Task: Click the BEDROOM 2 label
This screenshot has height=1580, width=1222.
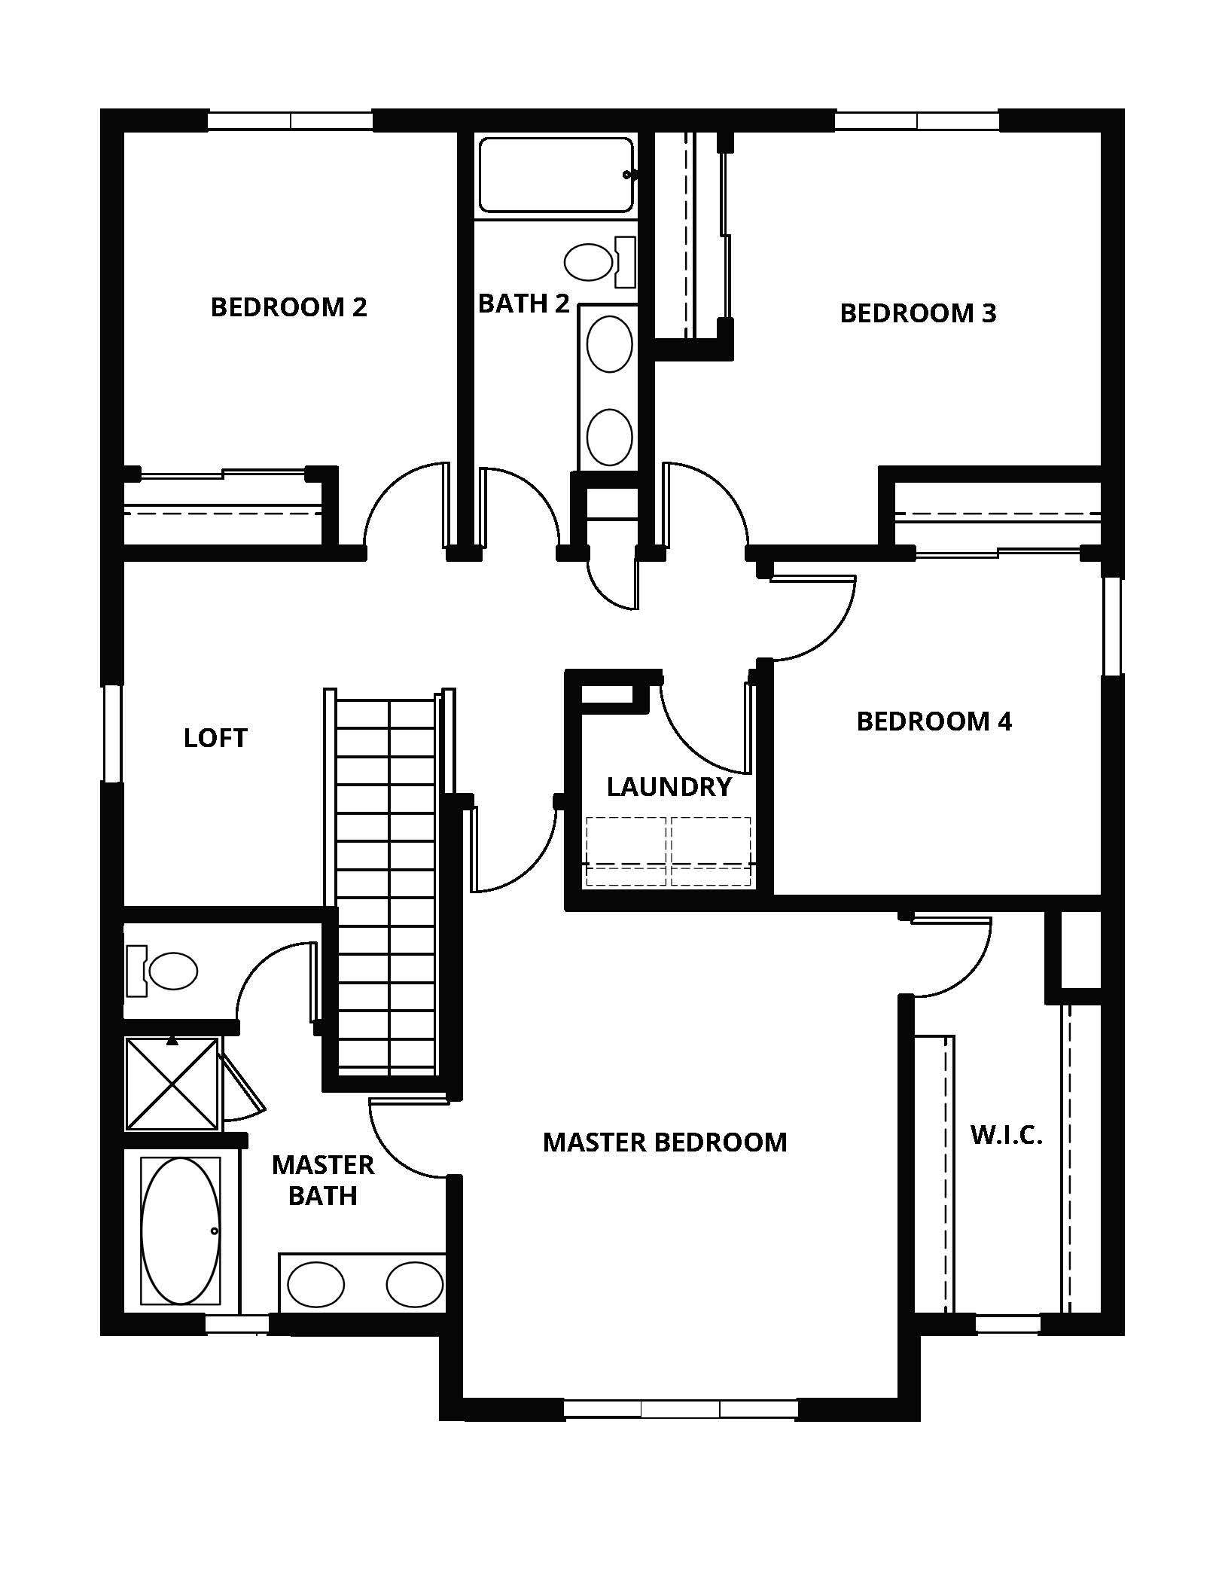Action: pyautogui.click(x=288, y=307)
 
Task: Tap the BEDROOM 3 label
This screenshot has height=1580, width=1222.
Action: pyautogui.click(x=918, y=313)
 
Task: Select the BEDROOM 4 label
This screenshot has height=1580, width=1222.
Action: pyautogui.click(x=934, y=721)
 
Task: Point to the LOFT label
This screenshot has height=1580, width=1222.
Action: pyautogui.click(x=215, y=738)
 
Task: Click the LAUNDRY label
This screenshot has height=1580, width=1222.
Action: pyautogui.click(x=669, y=787)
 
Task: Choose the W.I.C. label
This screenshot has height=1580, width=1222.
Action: pyautogui.click(x=1006, y=1136)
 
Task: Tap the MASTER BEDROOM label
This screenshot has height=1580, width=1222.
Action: pyautogui.click(x=665, y=1142)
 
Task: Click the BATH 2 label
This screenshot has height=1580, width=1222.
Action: pyautogui.click(x=523, y=303)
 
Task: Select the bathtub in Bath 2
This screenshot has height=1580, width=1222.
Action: pyautogui.click(x=556, y=175)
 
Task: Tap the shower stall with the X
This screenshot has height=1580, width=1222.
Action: pyautogui.click(x=172, y=1084)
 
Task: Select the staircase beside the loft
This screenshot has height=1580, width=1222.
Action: pyautogui.click(x=385, y=881)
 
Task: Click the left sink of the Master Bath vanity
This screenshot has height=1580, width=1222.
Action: pyautogui.click(x=316, y=1284)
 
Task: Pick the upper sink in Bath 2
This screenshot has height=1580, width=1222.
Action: pyautogui.click(x=609, y=343)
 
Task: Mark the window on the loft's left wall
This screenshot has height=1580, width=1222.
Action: pyautogui.click(x=113, y=733)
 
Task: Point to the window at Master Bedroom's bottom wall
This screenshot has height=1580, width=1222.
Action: pyautogui.click(x=680, y=1408)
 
